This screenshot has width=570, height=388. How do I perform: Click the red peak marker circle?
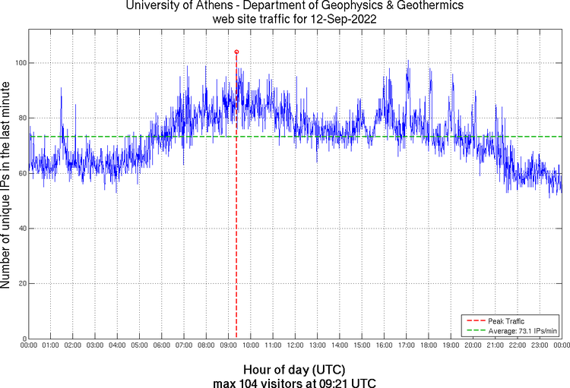click(236, 52)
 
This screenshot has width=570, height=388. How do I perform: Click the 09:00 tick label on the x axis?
click(229, 345)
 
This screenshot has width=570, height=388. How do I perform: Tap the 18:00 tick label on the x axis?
click(429, 345)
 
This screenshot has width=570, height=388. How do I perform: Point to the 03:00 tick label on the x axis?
click(96, 345)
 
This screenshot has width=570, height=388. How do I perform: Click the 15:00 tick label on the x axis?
click(362, 345)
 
